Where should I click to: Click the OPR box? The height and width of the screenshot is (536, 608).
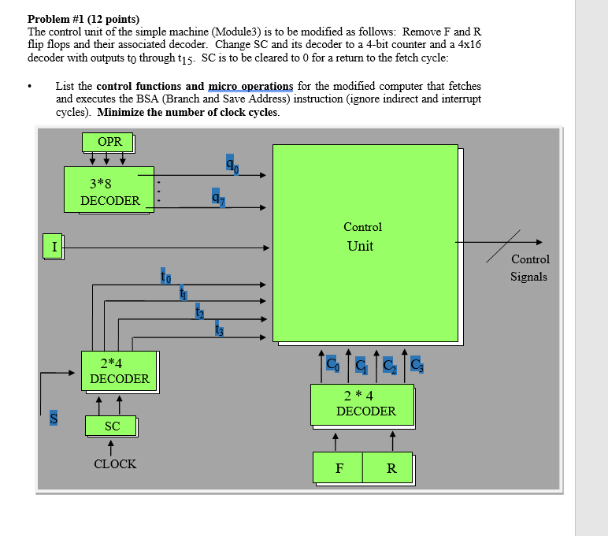(109, 142)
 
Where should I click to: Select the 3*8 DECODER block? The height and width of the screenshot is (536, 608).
(109, 190)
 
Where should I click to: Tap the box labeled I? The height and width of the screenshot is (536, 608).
(54, 246)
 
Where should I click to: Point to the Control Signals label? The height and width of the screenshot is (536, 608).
(529, 268)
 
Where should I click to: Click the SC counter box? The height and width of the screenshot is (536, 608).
(112, 426)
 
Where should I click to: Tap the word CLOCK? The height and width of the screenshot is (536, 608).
(115, 464)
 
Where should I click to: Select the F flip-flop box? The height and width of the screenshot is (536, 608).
(338, 469)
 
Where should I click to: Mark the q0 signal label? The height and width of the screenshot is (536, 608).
(232, 163)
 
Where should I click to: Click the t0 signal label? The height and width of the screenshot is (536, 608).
(165, 276)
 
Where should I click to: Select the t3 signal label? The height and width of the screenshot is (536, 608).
(219, 330)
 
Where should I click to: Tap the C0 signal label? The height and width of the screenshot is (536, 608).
(332, 365)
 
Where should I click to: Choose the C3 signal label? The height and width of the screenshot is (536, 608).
(415, 365)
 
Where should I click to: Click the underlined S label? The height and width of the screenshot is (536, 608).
(54, 419)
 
